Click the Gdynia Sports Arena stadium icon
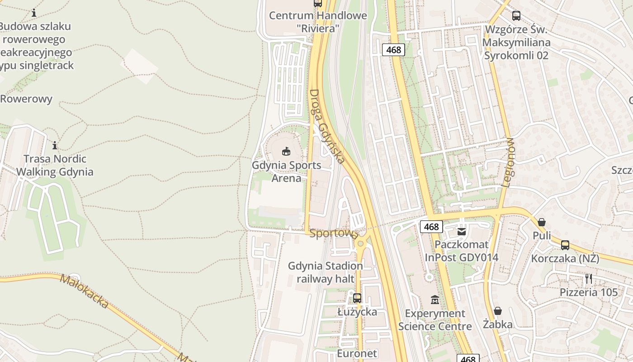point(286,151)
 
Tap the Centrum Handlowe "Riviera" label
point(318,22)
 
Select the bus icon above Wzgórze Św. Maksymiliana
point(516,16)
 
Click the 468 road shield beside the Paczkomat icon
point(431,227)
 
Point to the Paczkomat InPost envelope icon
point(462,232)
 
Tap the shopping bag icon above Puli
point(541,222)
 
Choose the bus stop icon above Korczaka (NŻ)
point(565,245)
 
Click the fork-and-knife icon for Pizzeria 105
point(588,279)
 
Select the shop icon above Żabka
point(497,311)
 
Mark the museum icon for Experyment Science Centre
point(435,300)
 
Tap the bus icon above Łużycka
point(357,298)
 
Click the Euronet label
point(357,353)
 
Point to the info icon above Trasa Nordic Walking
point(55,145)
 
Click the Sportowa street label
point(334,233)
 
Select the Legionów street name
point(509,162)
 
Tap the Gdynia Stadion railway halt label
point(326,272)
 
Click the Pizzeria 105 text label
point(588,292)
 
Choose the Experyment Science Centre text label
point(435,319)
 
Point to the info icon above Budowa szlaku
point(34,13)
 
